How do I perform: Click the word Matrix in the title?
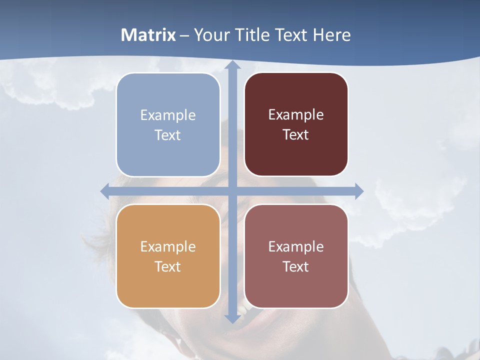click(x=148, y=35)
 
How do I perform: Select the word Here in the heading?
click(x=331, y=35)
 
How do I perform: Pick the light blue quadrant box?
click(x=168, y=124)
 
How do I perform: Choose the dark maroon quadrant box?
click(x=296, y=124)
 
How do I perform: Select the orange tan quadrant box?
click(x=168, y=256)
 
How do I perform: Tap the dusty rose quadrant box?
click(x=296, y=256)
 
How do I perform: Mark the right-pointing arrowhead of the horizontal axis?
click(x=358, y=190)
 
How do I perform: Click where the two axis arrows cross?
click(x=232, y=190)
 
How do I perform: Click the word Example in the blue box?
click(x=168, y=115)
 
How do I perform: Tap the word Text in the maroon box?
click(x=296, y=135)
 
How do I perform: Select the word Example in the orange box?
click(x=168, y=247)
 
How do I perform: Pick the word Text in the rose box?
click(x=296, y=266)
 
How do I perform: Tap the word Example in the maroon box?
click(x=296, y=115)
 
